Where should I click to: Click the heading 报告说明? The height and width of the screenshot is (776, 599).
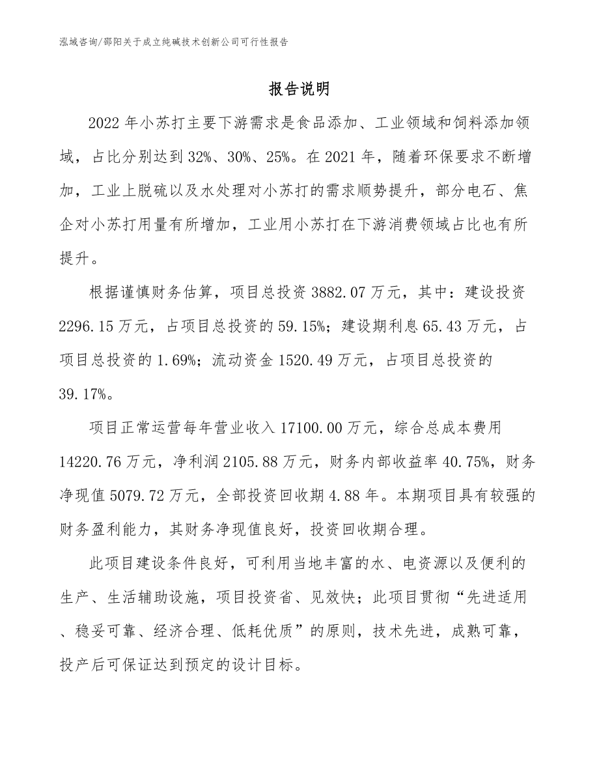(299, 89)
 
